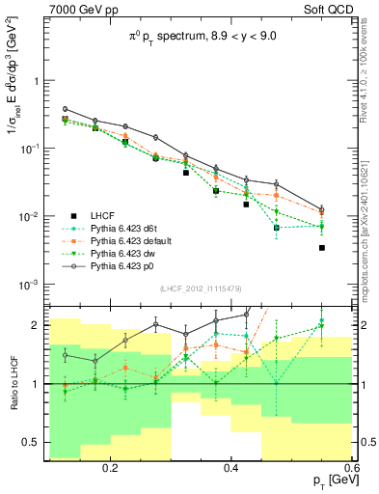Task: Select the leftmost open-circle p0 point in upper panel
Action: (x=65, y=109)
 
